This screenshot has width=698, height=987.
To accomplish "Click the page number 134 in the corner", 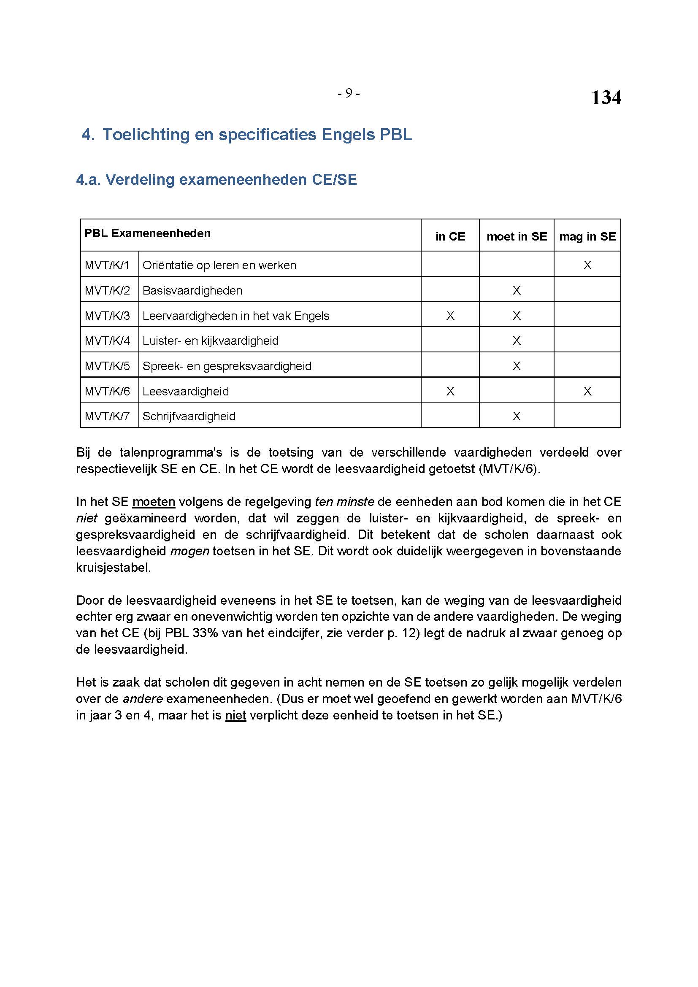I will pos(606,98).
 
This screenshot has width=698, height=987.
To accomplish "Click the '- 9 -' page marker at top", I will pos(349,93).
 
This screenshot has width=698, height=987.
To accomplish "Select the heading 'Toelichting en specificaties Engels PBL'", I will pos(257,135).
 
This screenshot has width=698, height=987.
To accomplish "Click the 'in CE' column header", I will pos(450,236).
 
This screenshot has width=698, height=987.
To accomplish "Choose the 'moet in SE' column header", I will pos(517,236).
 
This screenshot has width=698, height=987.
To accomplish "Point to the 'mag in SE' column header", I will pos(587,236).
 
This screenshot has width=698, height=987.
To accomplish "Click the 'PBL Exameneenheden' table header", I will pos(147,233).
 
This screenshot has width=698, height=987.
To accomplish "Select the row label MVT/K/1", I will pos(108,265).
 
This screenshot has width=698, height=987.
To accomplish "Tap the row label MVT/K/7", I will pos(108,416).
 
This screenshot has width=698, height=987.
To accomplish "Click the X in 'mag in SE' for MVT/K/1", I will pos(587,265).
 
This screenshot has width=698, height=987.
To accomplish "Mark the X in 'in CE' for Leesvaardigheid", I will pos(450,391).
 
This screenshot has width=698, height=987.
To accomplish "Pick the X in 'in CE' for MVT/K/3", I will pos(450,316).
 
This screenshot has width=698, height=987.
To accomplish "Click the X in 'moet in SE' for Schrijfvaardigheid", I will pos(517,416).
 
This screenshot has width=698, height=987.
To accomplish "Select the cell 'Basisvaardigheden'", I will pos(192,291).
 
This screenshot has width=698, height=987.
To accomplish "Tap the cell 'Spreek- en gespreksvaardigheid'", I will pos(227,366).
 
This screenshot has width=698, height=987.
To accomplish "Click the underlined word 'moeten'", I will pos(154,502).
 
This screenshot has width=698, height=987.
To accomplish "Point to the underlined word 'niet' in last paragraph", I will pos(235,715).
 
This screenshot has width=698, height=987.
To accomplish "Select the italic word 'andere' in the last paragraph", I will pos(143,699).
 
